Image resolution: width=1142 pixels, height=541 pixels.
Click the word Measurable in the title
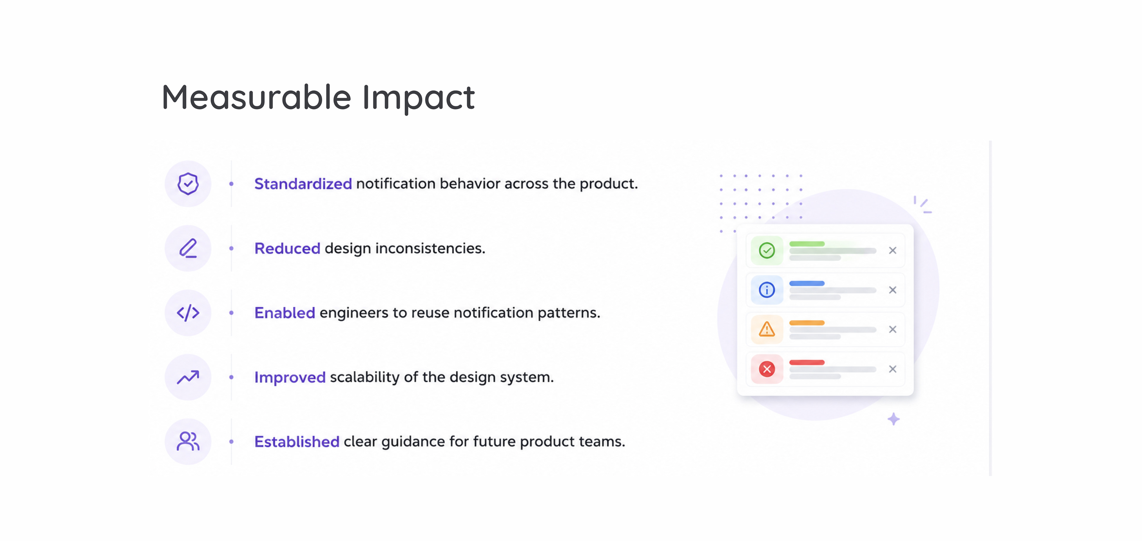(x=257, y=97)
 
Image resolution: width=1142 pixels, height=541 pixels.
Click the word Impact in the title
(x=418, y=98)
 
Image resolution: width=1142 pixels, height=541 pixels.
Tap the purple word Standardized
(x=303, y=184)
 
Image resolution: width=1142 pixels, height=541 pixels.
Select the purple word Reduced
(x=287, y=248)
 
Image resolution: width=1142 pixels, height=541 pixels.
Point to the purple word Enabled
(x=285, y=313)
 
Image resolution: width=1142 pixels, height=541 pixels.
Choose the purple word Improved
(x=290, y=377)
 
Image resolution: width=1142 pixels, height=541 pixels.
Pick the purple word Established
(x=297, y=442)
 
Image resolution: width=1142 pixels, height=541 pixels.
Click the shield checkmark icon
(x=188, y=184)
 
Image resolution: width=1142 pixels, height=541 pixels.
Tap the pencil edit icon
(x=188, y=248)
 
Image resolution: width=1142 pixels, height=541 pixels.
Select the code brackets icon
(x=188, y=313)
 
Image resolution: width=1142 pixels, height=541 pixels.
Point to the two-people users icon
(x=188, y=441)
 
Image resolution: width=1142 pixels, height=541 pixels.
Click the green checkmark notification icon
(x=767, y=250)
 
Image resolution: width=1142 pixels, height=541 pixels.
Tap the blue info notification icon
(x=767, y=290)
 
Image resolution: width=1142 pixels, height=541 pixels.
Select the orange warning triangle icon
(x=767, y=329)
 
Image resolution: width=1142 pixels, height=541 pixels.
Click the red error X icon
(x=767, y=369)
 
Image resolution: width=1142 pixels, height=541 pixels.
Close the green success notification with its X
(x=893, y=250)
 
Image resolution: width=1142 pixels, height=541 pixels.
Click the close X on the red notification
(x=893, y=369)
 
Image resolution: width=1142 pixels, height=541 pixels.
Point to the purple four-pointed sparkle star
(x=894, y=419)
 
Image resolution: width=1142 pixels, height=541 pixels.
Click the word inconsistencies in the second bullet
(x=430, y=248)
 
